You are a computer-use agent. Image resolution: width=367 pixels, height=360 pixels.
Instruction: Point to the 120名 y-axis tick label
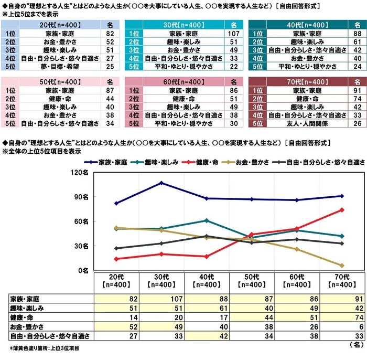(x=83, y=172)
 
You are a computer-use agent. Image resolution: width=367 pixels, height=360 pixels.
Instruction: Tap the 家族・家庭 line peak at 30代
(x=161, y=183)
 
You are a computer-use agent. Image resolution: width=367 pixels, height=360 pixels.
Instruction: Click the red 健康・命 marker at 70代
(x=341, y=209)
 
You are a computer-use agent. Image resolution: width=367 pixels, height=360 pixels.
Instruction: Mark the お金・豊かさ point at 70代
(x=341, y=266)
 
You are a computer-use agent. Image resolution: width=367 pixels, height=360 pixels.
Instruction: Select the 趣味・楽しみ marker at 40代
(x=207, y=220)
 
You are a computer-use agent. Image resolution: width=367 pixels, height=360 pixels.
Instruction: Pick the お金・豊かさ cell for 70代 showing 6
(x=341, y=325)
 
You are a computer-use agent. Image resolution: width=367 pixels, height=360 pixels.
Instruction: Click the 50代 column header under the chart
(x=252, y=281)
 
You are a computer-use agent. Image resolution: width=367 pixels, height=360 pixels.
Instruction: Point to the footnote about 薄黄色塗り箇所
(x=42, y=347)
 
